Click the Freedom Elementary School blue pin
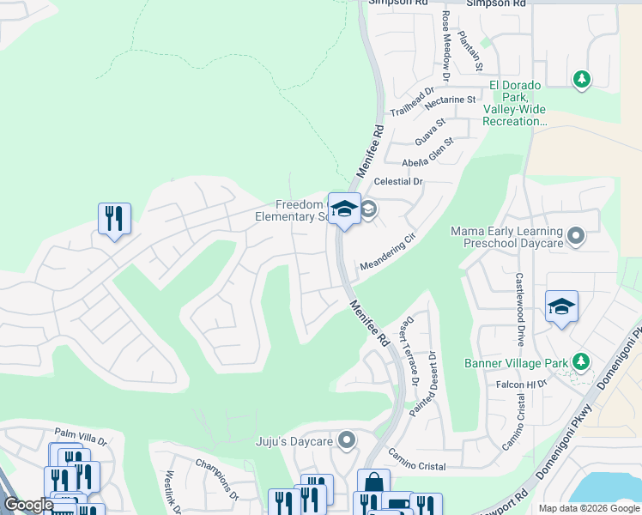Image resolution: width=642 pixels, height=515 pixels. pos(344,209)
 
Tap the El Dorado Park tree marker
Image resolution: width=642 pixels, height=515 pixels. pos(582,79)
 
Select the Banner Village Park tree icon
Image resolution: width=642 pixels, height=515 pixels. pos(582,361)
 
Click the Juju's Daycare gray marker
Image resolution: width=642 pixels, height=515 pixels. pos(347,441)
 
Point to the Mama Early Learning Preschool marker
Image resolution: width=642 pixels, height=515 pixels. pos(576,234)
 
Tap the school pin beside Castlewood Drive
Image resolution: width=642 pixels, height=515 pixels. pos(561,307)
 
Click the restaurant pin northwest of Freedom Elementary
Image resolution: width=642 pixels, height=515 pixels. pos(114,219)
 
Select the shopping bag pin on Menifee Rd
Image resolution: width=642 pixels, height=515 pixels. pos(373,484)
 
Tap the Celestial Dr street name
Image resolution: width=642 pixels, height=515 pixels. pos(399,182)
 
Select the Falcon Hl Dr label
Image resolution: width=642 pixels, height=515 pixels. pos(522,385)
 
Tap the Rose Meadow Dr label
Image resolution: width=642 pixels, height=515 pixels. pos(446,40)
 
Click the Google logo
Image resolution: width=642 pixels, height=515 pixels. pos(29,505)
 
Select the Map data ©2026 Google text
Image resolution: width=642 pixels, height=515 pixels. pos(588,508)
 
